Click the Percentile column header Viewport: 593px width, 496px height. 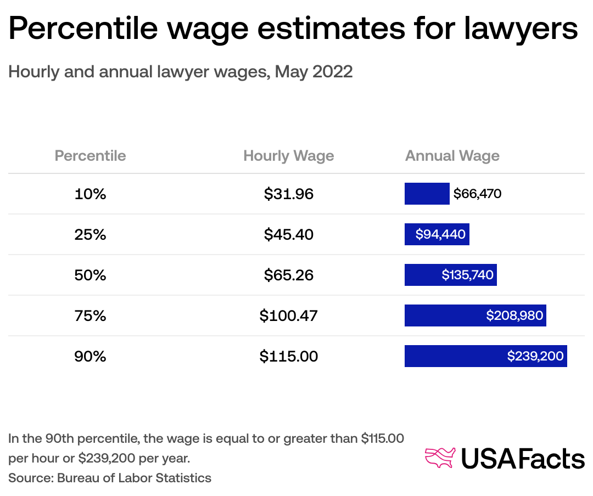pyautogui.click(x=90, y=156)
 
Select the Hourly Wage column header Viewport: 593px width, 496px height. pyautogui.click(x=288, y=156)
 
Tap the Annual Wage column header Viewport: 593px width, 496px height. pyautogui.click(x=452, y=156)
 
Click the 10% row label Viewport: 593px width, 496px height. pyautogui.click(x=90, y=194)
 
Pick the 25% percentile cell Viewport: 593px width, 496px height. pyautogui.click(x=90, y=234)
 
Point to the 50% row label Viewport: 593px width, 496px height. pyautogui.click(x=90, y=275)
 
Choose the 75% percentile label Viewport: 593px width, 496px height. pyautogui.click(x=90, y=315)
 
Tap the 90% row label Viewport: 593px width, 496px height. pyautogui.click(x=90, y=356)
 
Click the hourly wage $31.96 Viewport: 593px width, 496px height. pyautogui.click(x=288, y=194)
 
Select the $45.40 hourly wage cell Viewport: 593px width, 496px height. pyautogui.click(x=288, y=234)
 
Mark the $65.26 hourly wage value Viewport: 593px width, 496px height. pyautogui.click(x=288, y=275)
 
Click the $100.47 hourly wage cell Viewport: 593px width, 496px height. pyautogui.click(x=288, y=315)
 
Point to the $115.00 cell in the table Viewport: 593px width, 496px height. pyautogui.click(x=288, y=356)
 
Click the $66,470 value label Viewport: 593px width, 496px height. pyautogui.click(x=477, y=194)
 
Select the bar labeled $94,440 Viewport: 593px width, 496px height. pyautogui.click(x=437, y=234)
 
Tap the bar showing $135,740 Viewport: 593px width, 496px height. pyautogui.click(x=450, y=275)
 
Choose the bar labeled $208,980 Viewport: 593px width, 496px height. pyautogui.click(x=475, y=315)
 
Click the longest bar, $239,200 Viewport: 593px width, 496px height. pyautogui.click(x=485, y=356)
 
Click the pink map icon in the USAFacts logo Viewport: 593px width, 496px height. pyautogui.click(x=440, y=458)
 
